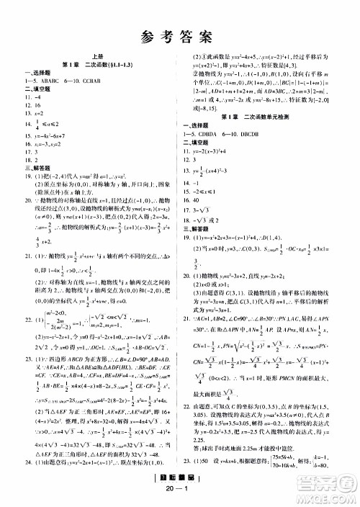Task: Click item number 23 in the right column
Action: [196, 459]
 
